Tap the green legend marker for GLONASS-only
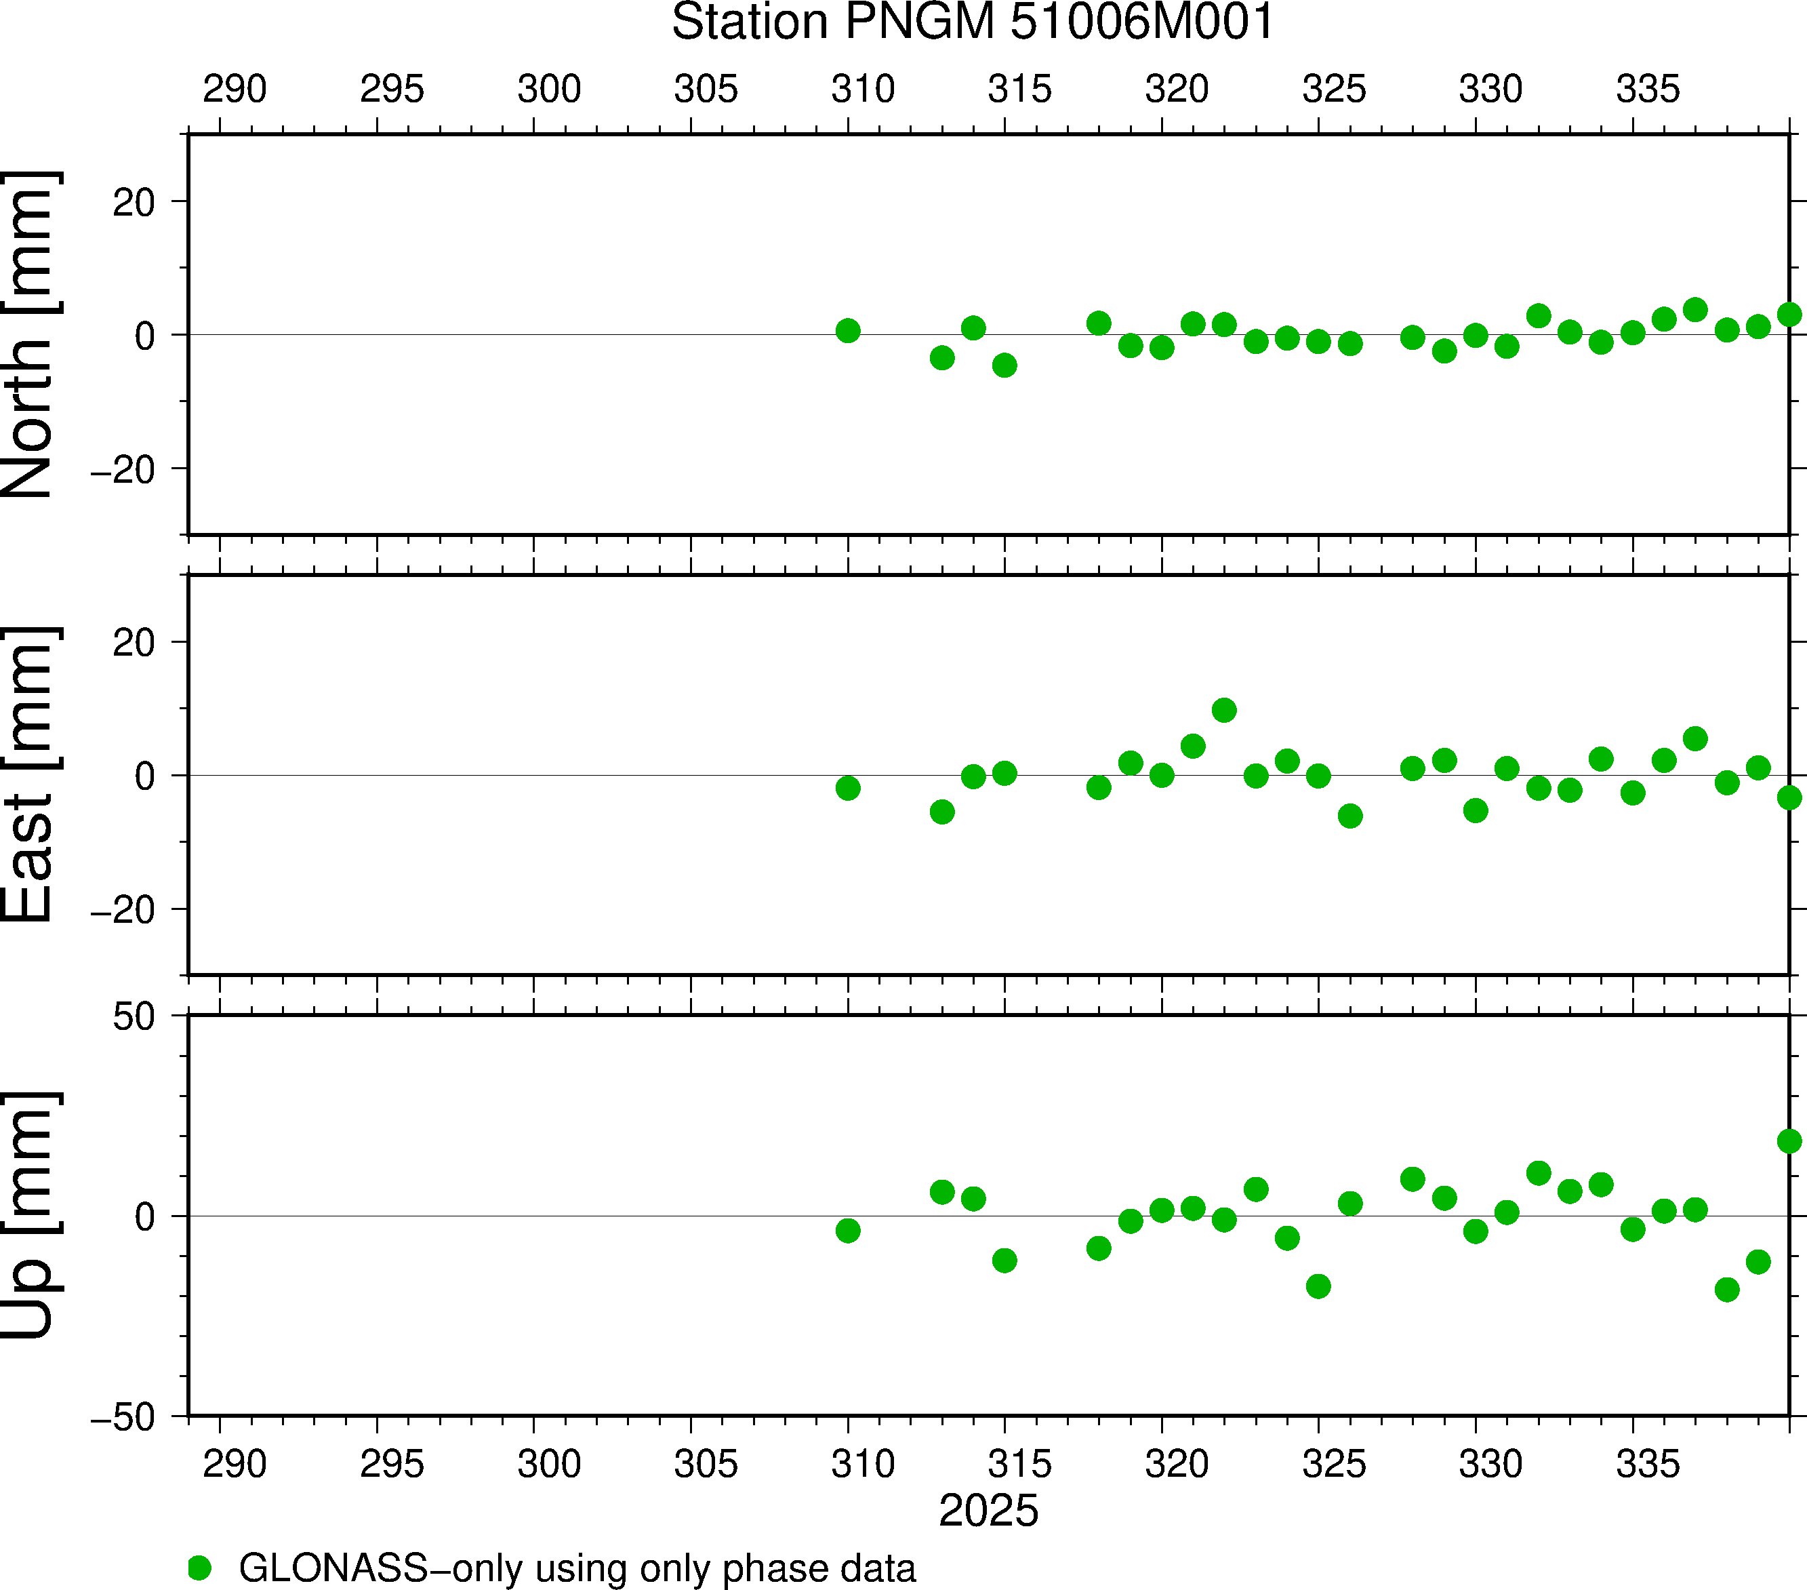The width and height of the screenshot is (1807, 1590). pos(200,1567)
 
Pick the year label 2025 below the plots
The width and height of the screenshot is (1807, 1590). pos(988,1511)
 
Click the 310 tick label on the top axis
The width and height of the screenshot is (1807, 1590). pos(863,90)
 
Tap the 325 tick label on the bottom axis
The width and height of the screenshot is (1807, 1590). pos(1334,1465)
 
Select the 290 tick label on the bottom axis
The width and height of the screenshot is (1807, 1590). pos(235,1465)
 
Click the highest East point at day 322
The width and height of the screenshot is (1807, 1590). pos(1224,710)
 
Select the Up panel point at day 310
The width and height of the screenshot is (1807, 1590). pos(848,1230)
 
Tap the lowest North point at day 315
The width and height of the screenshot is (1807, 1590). pos(1004,365)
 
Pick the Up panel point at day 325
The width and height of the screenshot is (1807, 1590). pos(1318,1286)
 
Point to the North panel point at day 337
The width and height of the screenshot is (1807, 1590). pos(1694,309)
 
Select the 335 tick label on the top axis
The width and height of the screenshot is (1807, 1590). pos(1648,90)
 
